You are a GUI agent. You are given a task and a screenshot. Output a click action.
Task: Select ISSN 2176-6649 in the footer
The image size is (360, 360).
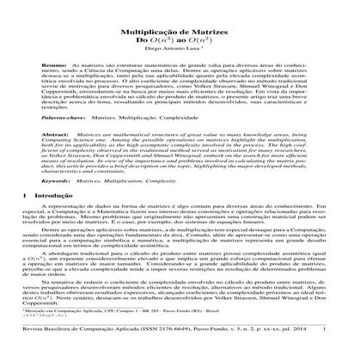[172, 351]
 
